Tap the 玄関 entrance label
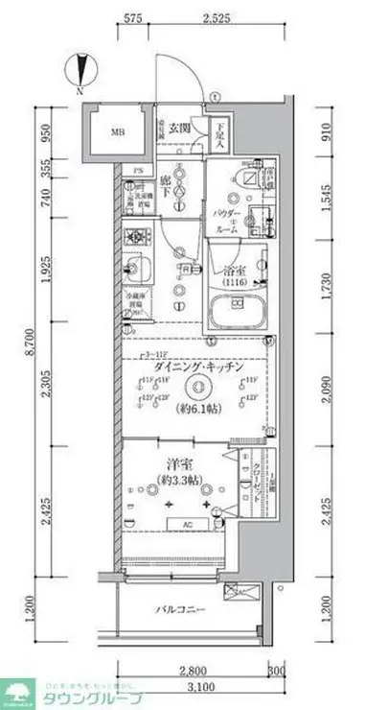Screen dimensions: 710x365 [180, 129]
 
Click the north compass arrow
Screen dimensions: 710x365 [80, 72]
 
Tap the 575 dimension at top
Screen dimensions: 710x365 [134, 18]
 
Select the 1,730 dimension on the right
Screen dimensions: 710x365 [327, 277]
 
